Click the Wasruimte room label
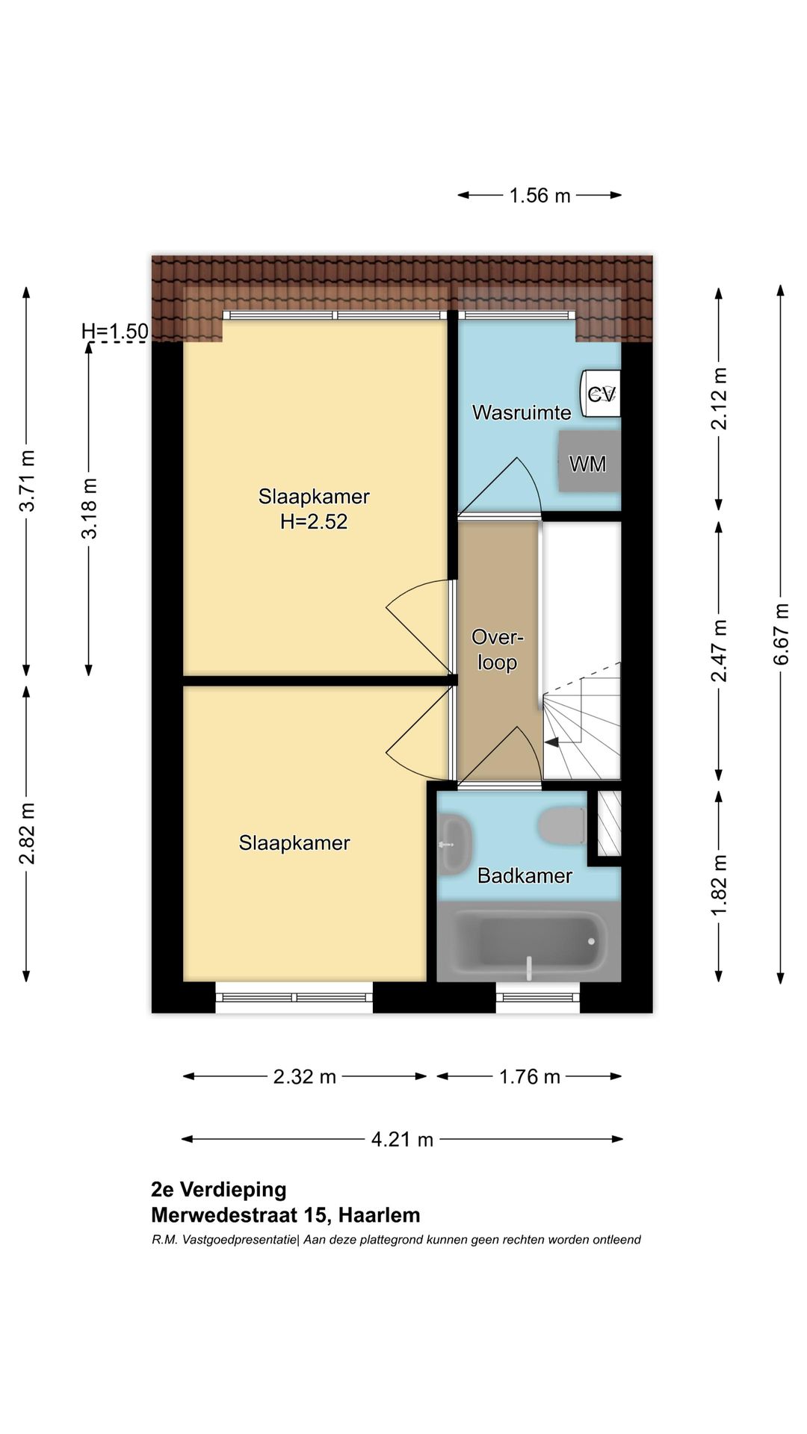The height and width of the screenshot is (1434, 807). (x=522, y=412)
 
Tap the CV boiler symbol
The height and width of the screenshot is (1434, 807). (x=601, y=394)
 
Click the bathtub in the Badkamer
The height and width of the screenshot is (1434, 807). (x=528, y=941)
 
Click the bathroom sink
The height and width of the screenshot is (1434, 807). (x=454, y=844)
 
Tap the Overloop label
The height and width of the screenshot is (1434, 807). (x=498, y=650)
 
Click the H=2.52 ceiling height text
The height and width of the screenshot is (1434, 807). (x=314, y=521)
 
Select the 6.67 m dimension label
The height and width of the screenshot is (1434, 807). (x=782, y=634)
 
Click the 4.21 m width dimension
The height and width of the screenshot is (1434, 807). (x=402, y=1139)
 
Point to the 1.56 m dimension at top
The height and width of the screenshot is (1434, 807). (x=539, y=196)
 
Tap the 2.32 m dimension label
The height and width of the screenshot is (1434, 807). (x=305, y=1076)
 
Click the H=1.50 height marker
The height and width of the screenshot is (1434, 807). (x=115, y=331)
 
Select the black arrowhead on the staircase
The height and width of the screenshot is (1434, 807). (x=552, y=742)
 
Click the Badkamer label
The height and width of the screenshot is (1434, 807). (x=525, y=875)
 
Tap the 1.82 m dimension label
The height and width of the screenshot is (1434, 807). (x=719, y=886)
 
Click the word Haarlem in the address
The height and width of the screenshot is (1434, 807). (x=380, y=1215)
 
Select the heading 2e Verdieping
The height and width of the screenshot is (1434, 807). (x=219, y=1190)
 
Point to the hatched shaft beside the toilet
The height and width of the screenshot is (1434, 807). (x=610, y=823)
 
